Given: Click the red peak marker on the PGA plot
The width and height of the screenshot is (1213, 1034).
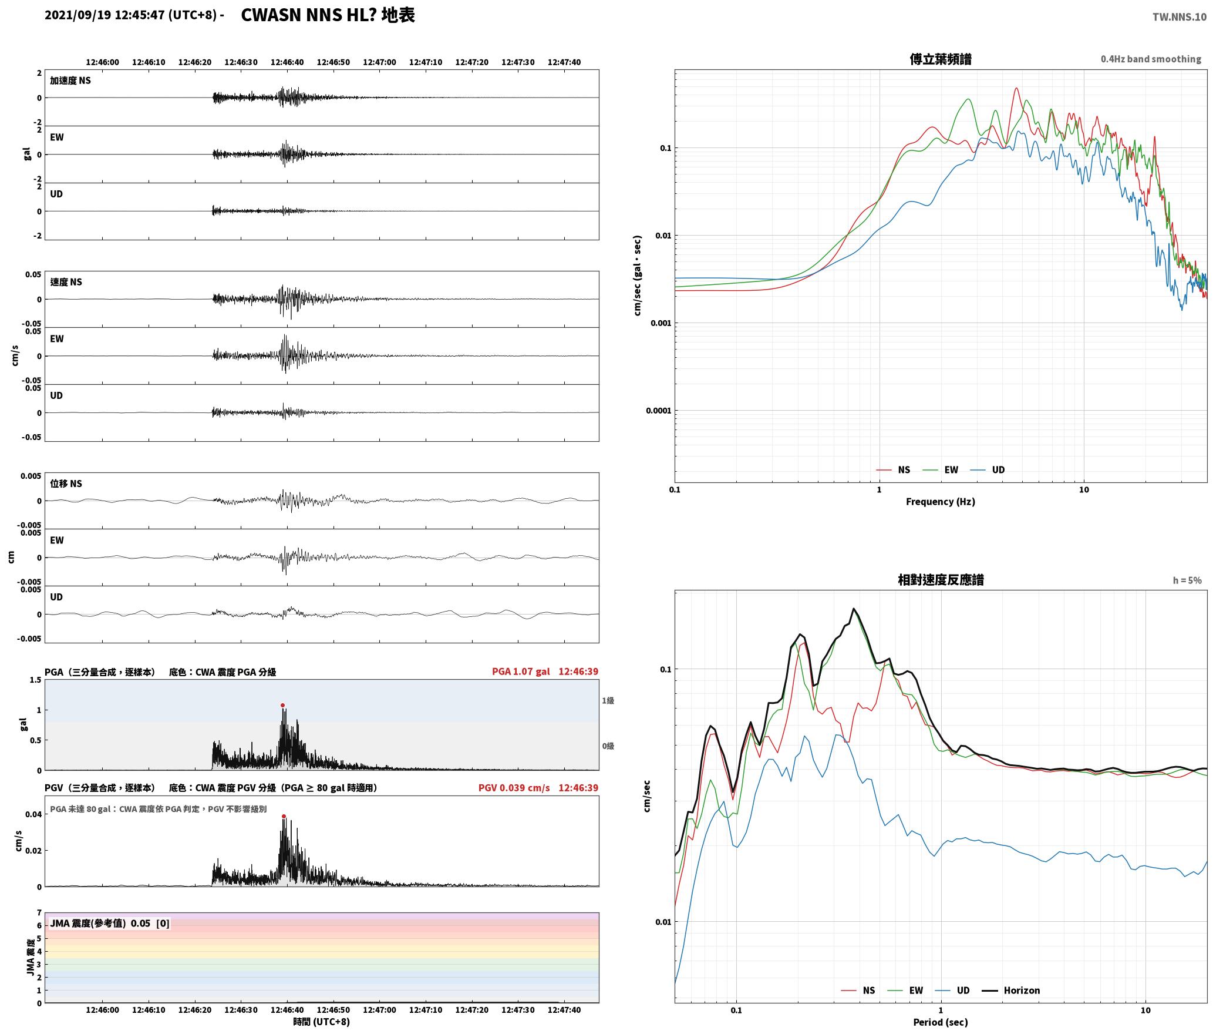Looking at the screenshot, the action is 282,705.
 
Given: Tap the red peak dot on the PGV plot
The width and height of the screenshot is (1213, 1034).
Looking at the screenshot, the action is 284,816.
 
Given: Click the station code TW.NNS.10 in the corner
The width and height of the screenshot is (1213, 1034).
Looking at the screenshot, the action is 1180,17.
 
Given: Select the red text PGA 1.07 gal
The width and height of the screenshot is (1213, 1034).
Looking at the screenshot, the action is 521,672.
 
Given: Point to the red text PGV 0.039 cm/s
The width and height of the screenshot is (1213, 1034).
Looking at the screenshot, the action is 514,788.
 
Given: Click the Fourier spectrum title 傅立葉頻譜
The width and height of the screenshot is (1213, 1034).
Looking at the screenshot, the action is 940,59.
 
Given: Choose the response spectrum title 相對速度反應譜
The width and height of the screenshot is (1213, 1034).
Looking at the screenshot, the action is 941,580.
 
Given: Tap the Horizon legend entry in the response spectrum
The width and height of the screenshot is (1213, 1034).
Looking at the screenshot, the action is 1010,991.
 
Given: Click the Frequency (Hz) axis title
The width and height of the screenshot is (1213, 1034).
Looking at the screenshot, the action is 940,502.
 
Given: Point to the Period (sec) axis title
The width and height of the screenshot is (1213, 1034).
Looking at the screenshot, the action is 940,1022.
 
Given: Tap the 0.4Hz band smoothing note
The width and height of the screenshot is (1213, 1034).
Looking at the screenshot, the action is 1151,59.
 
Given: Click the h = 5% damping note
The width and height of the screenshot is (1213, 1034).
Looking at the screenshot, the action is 1187,580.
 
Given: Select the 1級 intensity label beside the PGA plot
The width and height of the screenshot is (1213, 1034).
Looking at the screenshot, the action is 608,700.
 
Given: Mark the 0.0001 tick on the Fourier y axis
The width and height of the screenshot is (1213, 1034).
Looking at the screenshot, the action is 658,411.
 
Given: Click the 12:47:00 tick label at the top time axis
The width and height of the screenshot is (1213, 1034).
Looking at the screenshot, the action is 379,62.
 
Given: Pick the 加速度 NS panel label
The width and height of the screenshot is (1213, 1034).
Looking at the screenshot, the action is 70,80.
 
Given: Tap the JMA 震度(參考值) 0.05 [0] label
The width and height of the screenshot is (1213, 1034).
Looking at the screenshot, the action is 110,923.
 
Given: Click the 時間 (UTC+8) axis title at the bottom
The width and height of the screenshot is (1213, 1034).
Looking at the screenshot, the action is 322,1022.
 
